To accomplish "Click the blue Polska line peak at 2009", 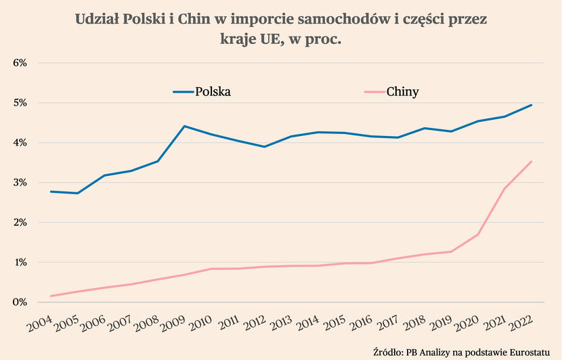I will click(184, 126).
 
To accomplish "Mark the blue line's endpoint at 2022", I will click(532, 105).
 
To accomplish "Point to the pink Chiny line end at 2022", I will click(532, 161).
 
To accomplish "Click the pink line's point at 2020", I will click(478, 235).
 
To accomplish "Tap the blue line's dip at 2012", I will click(265, 147).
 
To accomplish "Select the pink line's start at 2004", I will click(51, 296).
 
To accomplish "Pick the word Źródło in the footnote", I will click(387, 351).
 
